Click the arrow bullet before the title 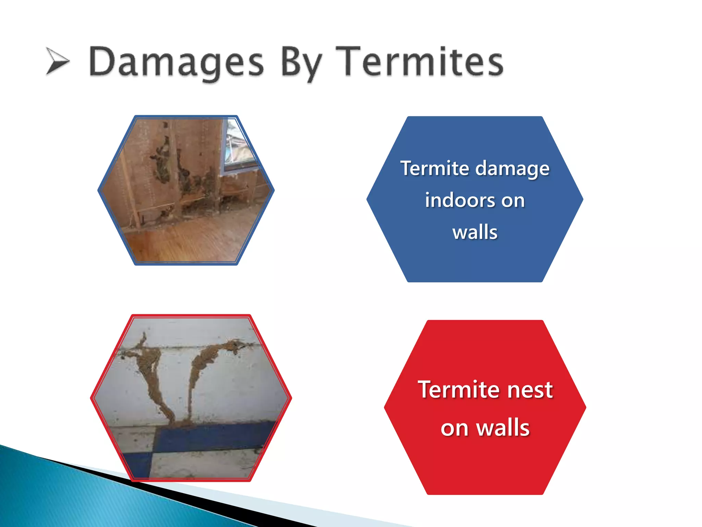pyautogui.click(x=57, y=61)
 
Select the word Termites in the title pyautogui.click(x=419, y=62)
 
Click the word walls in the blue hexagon pyautogui.click(x=475, y=232)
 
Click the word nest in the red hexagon pyautogui.click(x=530, y=390)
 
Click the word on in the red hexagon pyautogui.click(x=454, y=429)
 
